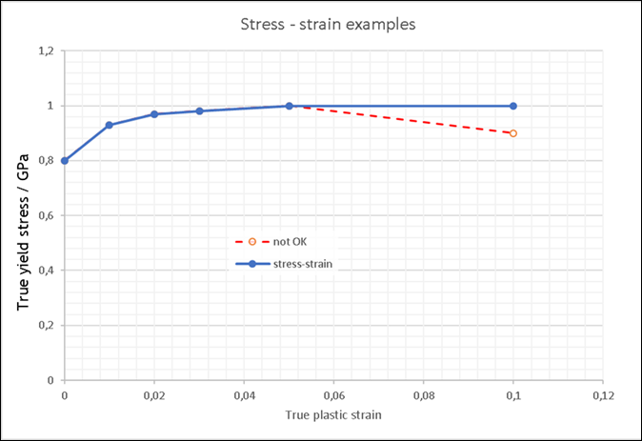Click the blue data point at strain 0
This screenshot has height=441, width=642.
[x=64, y=161]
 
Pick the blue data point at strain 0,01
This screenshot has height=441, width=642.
[x=109, y=125]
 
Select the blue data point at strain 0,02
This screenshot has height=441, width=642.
[x=154, y=114]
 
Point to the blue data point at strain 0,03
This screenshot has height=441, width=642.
[x=199, y=111]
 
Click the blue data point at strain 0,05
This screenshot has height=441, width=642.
[x=289, y=106]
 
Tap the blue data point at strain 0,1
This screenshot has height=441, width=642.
[x=513, y=106]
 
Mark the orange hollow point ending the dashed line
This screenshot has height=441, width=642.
[x=513, y=133]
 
